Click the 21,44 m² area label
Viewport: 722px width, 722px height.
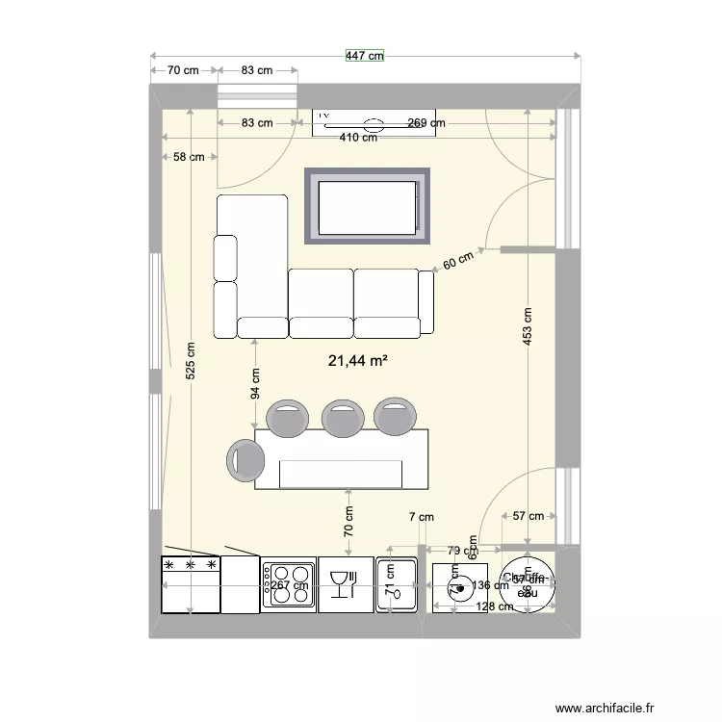coord(358,362)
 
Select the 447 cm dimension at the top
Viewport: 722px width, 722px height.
coord(365,56)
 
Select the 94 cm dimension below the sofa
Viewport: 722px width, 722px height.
coord(255,383)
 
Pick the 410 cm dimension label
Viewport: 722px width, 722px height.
coord(357,138)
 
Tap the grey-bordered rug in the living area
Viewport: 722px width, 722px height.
coord(367,206)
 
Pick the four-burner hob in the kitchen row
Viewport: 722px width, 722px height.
coord(289,583)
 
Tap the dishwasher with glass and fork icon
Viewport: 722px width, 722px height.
coord(345,584)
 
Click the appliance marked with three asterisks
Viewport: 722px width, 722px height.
coord(191,583)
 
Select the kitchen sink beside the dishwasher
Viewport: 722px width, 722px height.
coord(396,584)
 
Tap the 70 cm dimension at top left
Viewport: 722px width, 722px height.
coord(183,70)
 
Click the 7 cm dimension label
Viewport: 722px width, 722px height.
coord(421,518)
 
